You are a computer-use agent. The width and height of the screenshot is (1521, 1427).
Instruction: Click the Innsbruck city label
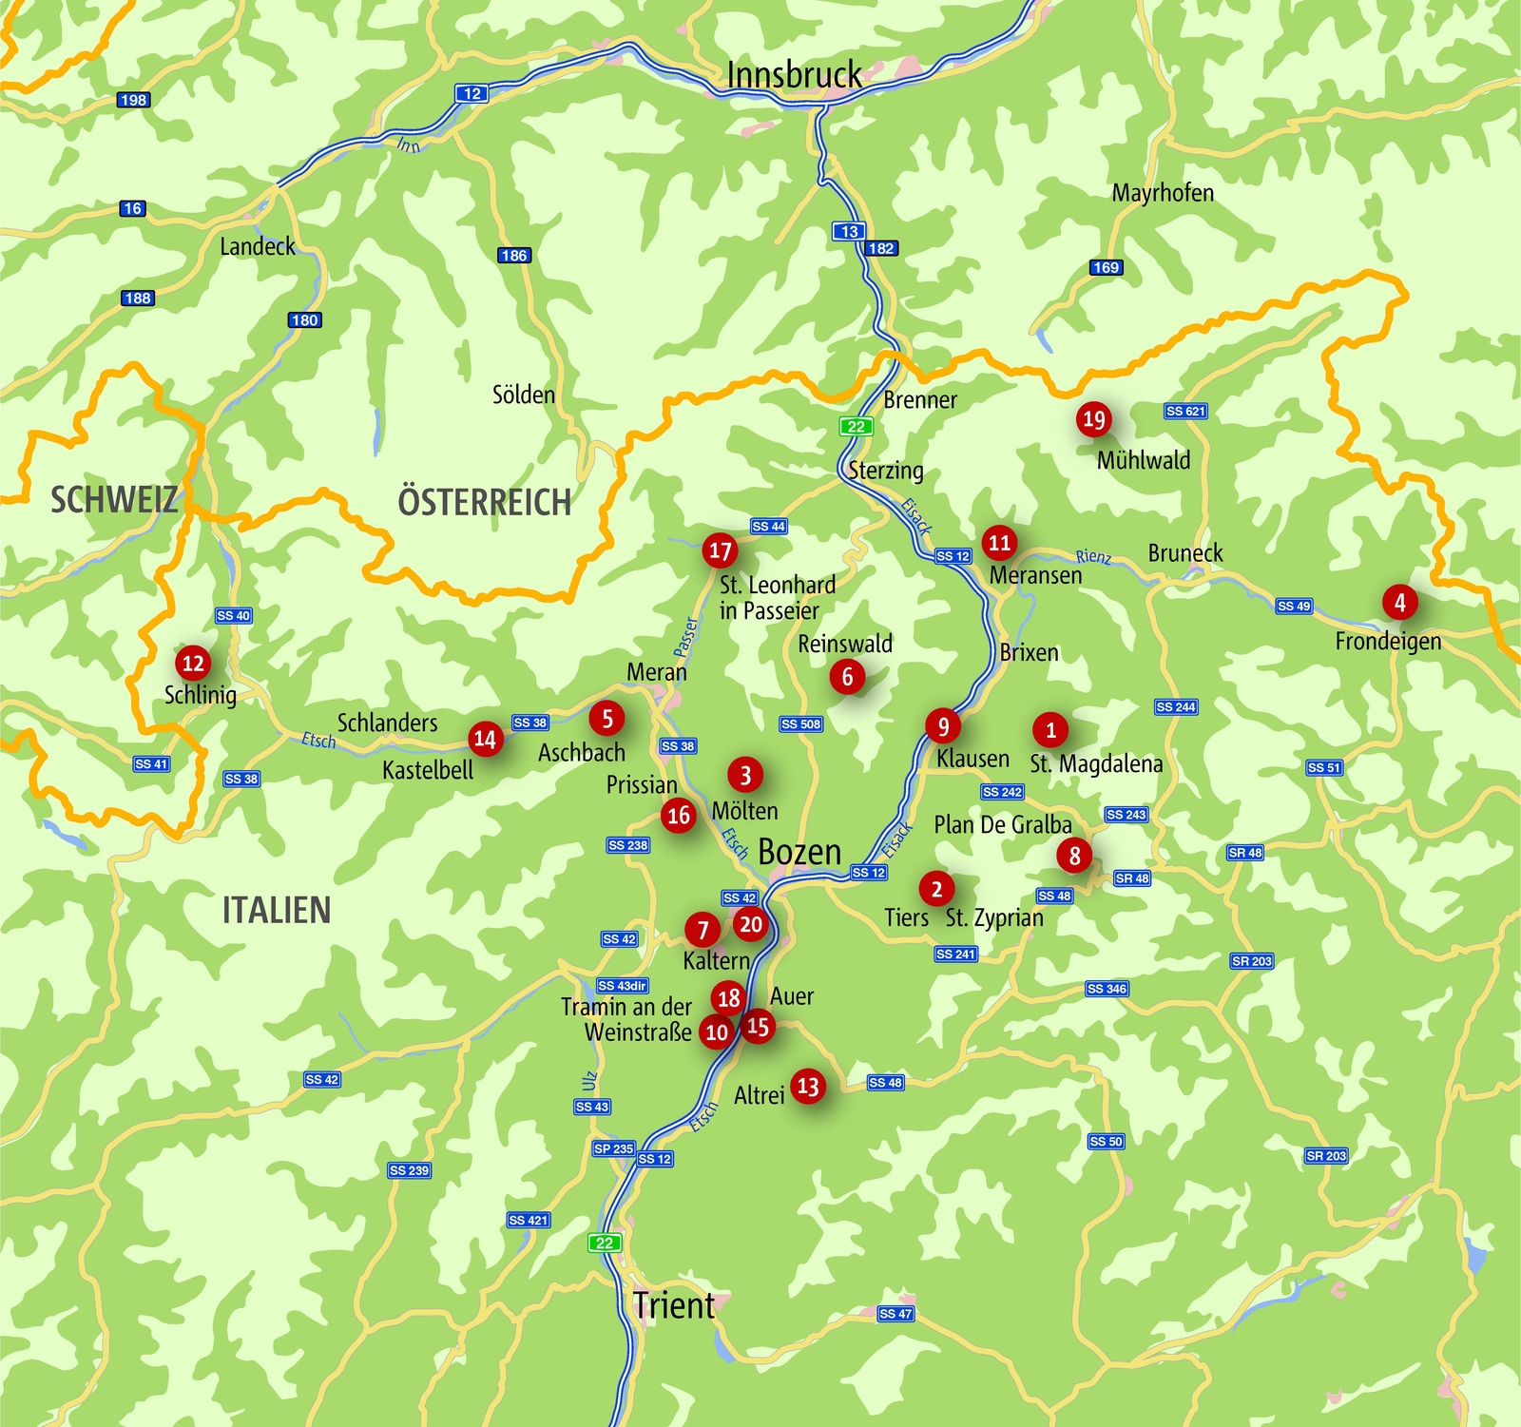tap(794, 75)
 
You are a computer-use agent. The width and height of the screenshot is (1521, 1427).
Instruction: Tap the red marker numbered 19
tap(1094, 419)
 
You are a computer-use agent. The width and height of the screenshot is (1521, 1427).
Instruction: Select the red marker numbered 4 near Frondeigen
tap(1399, 602)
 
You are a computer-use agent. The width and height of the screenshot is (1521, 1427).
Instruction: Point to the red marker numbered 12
tap(193, 664)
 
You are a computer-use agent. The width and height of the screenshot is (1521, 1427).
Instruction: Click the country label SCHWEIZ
tap(114, 499)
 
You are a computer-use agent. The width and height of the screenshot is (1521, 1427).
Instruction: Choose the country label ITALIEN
tap(277, 910)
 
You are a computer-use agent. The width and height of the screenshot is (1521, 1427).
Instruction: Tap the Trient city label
tap(674, 1305)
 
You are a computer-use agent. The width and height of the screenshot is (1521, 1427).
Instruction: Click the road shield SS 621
tap(1185, 411)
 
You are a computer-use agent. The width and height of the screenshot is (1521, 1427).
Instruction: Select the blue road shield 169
tap(1106, 267)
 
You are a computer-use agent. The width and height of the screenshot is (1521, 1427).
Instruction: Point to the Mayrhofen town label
tap(1163, 193)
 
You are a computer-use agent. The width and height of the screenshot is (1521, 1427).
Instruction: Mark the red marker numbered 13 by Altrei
tap(808, 1086)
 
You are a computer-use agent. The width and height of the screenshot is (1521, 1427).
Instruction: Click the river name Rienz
tap(1093, 556)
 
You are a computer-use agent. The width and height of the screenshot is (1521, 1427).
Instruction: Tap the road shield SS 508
tap(800, 724)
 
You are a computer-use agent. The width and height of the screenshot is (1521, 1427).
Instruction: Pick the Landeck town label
tap(258, 247)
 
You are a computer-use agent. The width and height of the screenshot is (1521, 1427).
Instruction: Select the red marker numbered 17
tap(720, 550)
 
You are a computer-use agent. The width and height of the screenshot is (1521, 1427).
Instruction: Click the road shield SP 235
tap(613, 1148)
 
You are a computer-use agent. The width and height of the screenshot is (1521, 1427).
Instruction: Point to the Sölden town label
tap(524, 395)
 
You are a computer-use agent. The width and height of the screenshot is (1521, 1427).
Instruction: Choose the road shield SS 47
tap(895, 1314)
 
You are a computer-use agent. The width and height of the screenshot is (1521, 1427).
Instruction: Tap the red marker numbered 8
tap(1074, 855)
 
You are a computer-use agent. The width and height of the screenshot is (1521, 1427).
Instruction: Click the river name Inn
tap(409, 145)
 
